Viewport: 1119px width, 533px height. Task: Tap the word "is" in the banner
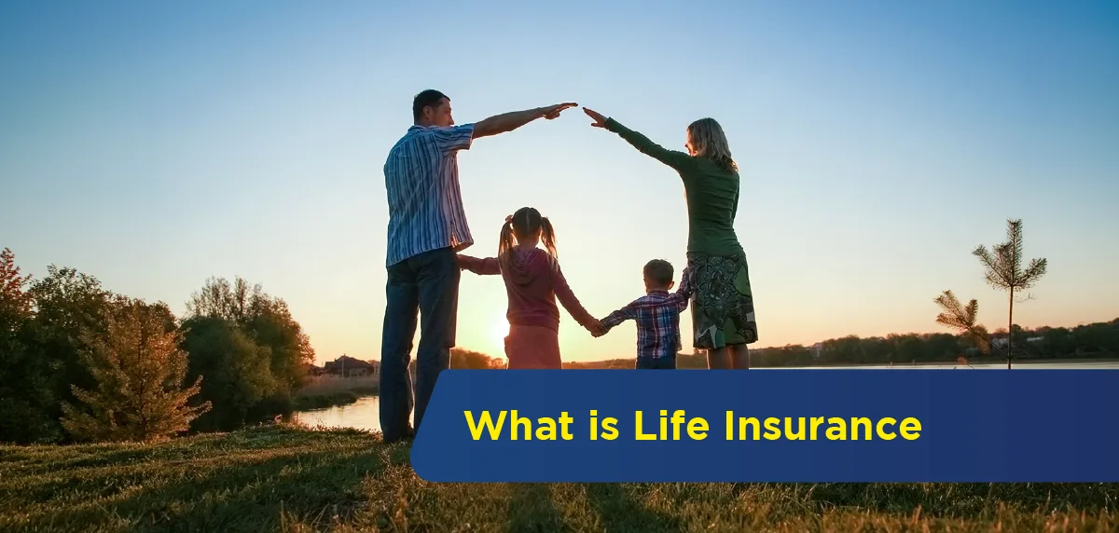click(604, 425)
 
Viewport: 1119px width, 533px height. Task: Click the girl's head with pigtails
click(527, 227)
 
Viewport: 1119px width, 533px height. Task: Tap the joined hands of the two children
click(596, 327)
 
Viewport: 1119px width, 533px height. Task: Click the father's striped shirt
click(428, 194)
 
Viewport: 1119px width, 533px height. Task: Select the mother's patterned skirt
click(722, 298)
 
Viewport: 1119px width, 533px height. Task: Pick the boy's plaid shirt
click(649, 321)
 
